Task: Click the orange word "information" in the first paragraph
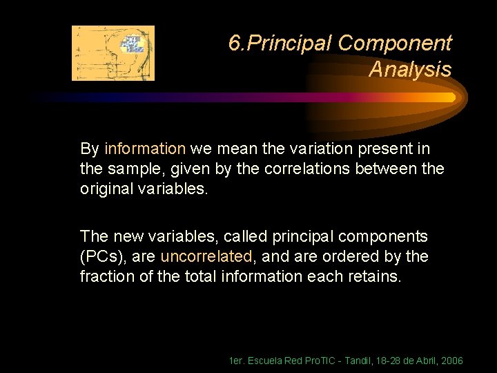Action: pos(145,149)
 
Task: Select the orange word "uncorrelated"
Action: pos(206,256)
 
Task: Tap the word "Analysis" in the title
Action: pos(410,70)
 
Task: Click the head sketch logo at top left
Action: pos(113,53)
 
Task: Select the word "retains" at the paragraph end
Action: pos(376,276)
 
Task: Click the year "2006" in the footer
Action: pos(451,361)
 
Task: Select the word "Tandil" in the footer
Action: pos(338,361)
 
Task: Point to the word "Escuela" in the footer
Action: pos(264,361)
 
